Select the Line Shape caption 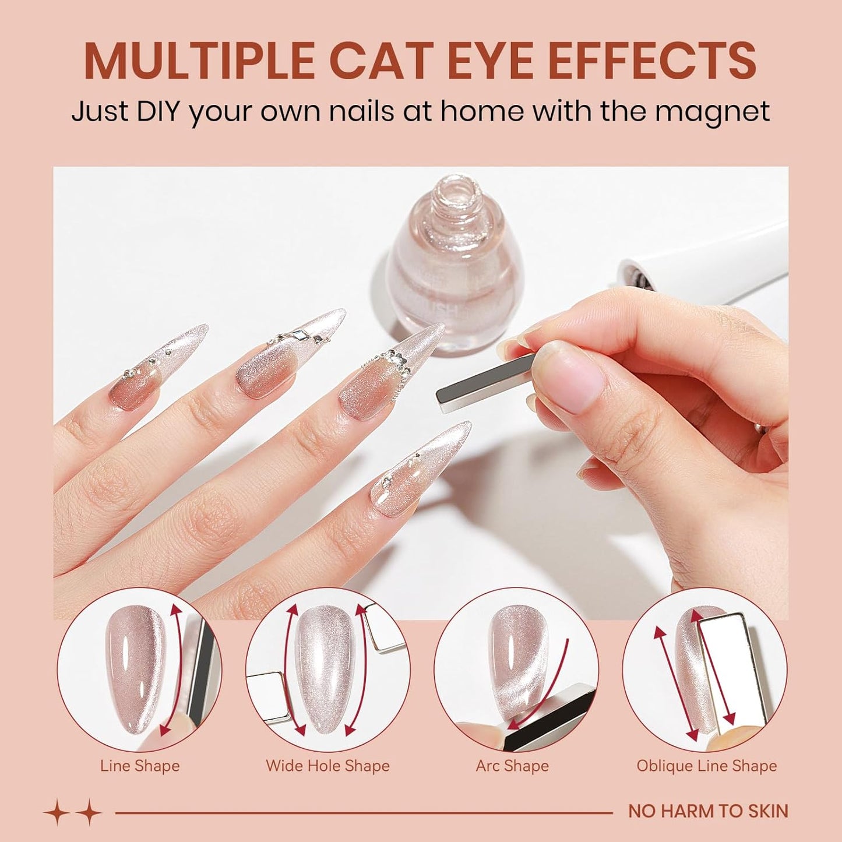pyautogui.click(x=140, y=766)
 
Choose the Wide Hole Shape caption pyautogui.click(x=327, y=766)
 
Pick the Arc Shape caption pyautogui.click(x=512, y=766)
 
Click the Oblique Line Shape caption pyautogui.click(x=706, y=766)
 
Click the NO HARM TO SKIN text pyautogui.click(x=708, y=811)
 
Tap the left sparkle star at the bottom pyautogui.click(x=58, y=812)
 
